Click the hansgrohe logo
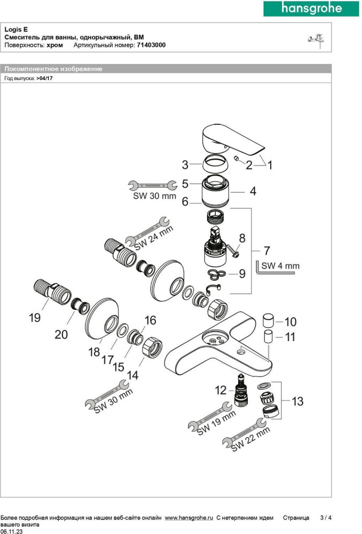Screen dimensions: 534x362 tap(311, 9)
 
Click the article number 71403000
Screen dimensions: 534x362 tap(151, 46)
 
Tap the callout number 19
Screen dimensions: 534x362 tap(34, 318)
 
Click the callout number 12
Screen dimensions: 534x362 tap(221, 390)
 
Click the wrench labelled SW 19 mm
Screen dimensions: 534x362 tap(211, 420)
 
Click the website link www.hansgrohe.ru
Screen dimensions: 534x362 tap(189, 517)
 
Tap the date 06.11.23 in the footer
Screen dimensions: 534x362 tap(11, 531)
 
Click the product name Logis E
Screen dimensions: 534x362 tap(17, 30)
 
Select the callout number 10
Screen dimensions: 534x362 tap(290, 322)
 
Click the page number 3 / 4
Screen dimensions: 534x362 tap(326, 517)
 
